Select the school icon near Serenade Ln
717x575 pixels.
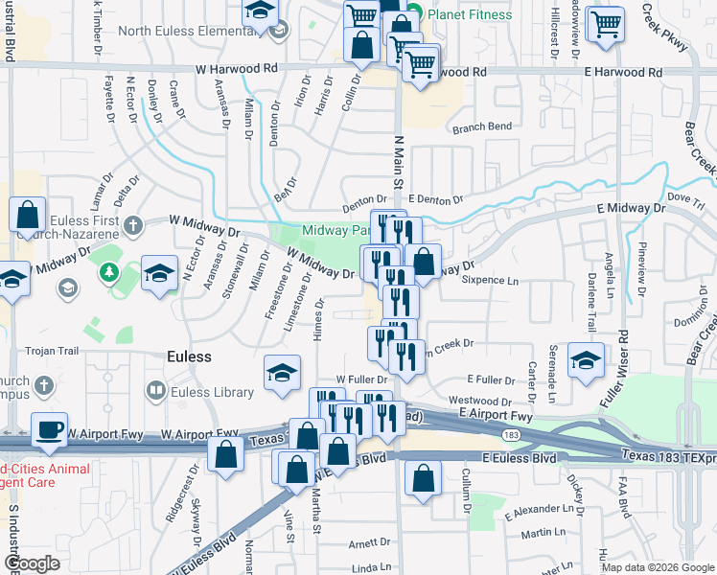tap(586, 360)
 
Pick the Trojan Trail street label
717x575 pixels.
tap(51, 351)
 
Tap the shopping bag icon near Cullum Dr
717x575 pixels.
tap(423, 478)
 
